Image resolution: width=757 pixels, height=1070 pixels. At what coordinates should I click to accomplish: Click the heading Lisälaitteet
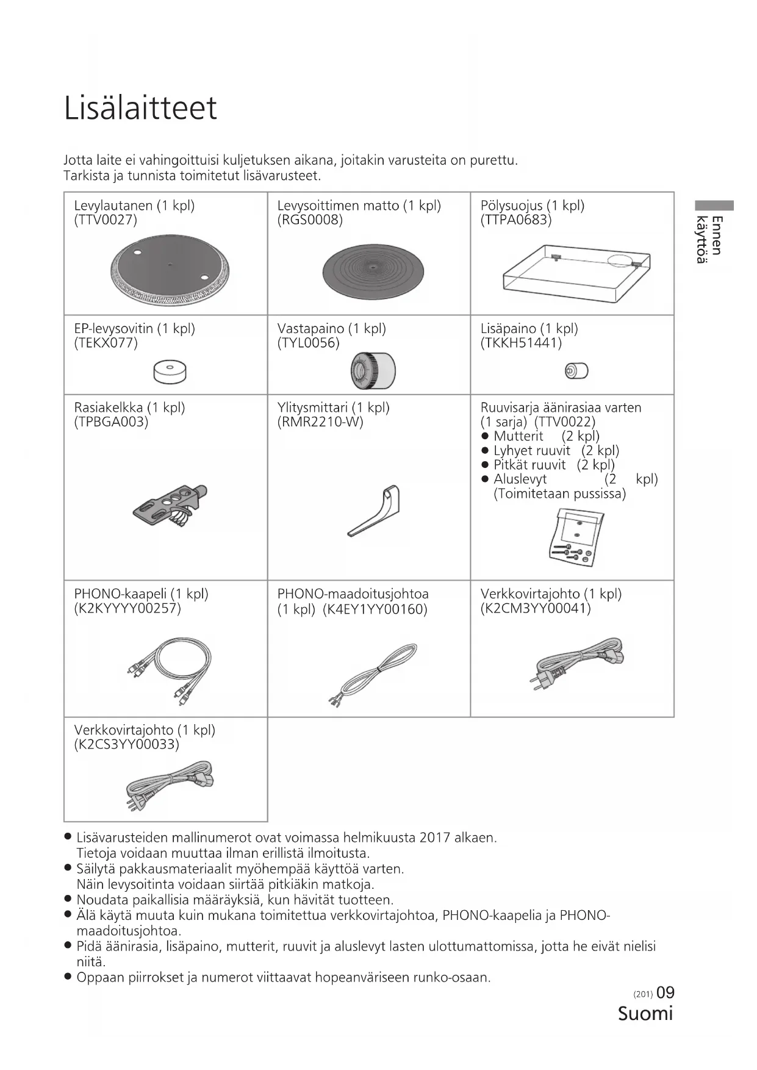140,109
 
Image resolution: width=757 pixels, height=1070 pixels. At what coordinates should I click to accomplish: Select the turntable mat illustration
372,271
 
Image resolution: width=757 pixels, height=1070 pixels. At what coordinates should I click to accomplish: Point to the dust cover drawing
576,274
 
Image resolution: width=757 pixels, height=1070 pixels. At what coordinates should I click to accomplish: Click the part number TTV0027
106,220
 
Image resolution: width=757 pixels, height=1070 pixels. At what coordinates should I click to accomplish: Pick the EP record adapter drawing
170,371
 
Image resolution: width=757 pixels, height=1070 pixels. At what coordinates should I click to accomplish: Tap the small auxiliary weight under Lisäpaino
576,370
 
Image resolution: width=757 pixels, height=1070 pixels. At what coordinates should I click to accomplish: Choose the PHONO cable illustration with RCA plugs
170,670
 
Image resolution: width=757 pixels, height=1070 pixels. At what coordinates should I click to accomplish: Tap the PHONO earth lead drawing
373,673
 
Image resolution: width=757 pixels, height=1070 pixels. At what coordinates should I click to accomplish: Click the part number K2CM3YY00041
536,609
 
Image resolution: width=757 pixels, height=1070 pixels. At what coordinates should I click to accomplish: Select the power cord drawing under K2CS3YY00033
170,786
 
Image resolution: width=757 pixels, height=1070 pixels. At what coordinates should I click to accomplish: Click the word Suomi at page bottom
645,1013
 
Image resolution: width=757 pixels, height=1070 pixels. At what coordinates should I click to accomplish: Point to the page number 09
666,993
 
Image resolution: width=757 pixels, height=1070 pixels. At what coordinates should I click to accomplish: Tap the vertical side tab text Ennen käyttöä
709,239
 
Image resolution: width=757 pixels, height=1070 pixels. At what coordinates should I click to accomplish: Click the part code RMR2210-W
320,422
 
